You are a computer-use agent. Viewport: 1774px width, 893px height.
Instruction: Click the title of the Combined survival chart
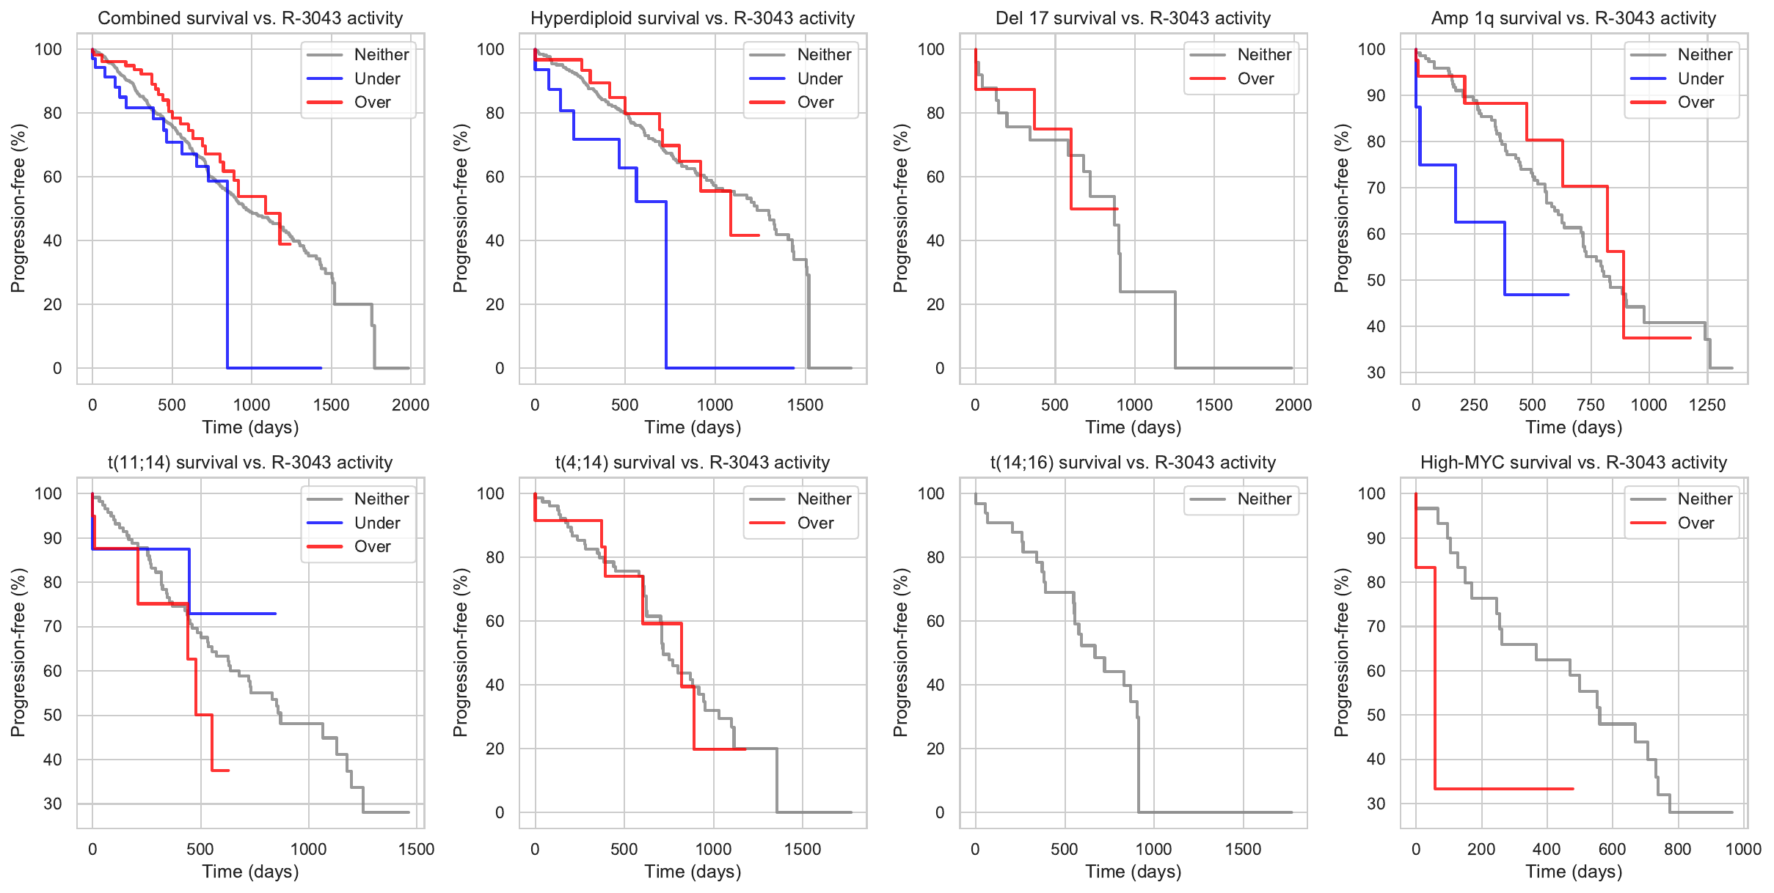(x=250, y=18)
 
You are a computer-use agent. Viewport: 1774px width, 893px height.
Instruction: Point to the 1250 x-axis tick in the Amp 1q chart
(x=1707, y=405)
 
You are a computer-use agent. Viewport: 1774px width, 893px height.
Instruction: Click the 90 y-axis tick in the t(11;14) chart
(x=53, y=538)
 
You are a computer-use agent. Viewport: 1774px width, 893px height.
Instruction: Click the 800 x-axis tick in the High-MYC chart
(x=1677, y=849)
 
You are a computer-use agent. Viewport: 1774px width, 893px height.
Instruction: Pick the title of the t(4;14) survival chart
(x=692, y=463)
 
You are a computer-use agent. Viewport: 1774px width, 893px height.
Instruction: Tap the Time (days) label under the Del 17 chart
(x=1133, y=427)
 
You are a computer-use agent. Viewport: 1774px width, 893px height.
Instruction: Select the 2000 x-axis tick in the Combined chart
(x=410, y=405)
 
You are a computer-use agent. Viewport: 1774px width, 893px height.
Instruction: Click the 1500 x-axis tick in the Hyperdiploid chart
(x=805, y=405)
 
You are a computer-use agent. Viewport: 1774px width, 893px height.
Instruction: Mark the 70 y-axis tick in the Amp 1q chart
(x=1376, y=188)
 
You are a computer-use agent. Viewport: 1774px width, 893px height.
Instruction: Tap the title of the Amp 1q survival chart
(x=1573, y=18)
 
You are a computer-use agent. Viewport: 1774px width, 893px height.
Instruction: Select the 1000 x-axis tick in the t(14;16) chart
(x=1153, y=849)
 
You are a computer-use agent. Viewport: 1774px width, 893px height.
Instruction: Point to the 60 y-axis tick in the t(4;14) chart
(x=495, y=621)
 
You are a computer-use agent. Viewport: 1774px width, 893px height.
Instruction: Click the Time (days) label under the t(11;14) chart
(x=250, y=872)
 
